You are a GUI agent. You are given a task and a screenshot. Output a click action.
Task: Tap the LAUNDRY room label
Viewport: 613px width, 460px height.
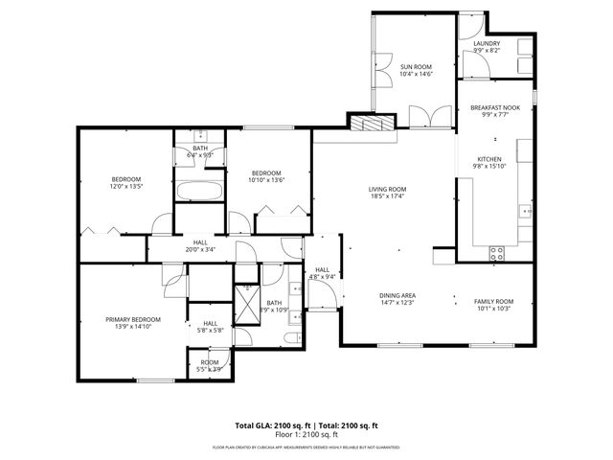[488, 43]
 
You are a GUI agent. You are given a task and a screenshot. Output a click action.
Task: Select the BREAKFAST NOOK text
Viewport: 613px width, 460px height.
[495, 108]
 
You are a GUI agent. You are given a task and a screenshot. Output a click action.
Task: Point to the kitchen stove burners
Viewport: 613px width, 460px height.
[497, 253]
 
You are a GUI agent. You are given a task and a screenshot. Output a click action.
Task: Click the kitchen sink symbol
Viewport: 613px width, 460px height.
[525, 150]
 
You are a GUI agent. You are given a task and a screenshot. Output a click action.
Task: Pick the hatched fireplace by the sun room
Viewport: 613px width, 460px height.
[372, 124]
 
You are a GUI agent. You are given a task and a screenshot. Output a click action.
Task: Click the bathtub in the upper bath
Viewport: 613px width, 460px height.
[199, 190]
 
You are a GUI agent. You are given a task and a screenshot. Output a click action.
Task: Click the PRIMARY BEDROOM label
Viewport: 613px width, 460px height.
[133, 319]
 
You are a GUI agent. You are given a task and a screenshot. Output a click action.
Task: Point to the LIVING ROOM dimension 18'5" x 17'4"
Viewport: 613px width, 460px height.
[388, 196]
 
